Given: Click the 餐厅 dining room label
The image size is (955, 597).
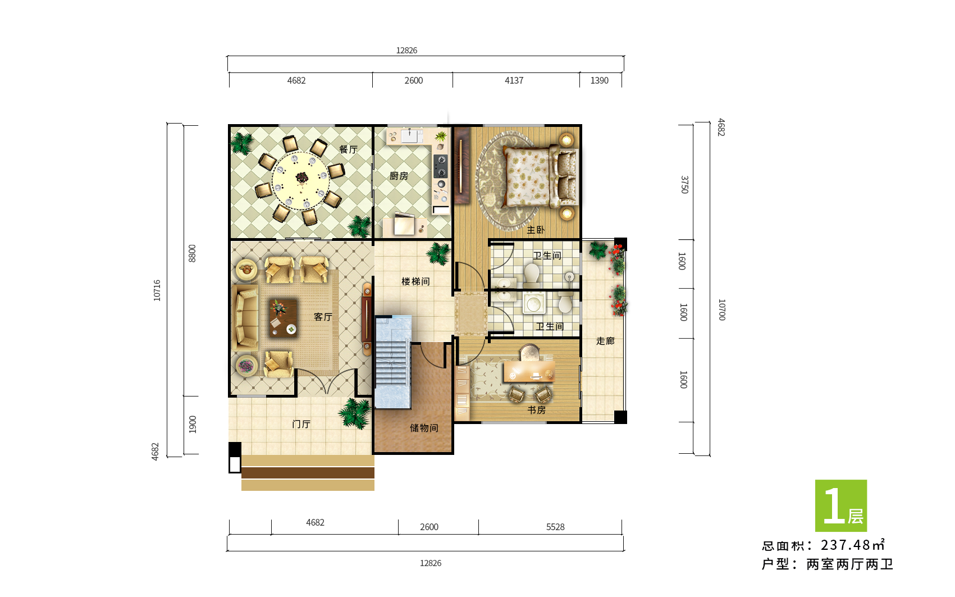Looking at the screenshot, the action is coord(348,149).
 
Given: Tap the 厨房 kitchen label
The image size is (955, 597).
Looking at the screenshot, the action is coord(399,176).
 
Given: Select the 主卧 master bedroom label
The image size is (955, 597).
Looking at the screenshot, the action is coord(536,230).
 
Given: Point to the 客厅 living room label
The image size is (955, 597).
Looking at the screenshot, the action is coord(323,317).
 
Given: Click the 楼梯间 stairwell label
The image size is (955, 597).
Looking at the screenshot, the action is coord(415,281).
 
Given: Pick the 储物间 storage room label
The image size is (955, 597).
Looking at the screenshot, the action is coord(424,428).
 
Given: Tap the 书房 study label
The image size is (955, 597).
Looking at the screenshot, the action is coord(536,410).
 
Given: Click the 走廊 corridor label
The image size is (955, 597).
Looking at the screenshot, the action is coord(605,341).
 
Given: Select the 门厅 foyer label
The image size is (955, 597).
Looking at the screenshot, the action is coord(301,424).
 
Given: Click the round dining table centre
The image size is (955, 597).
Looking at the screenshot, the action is coord(301,180).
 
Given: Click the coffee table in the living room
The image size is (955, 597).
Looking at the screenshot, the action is coord(283,318).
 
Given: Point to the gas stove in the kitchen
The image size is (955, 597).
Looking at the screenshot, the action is coord(440,166).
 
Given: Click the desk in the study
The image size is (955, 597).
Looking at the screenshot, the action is coord(529,371).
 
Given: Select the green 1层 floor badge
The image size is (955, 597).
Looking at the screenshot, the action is coord(840,505).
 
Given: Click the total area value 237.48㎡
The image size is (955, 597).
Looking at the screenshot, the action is coord(853,545).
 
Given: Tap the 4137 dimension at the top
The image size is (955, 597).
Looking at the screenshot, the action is coord(514,81).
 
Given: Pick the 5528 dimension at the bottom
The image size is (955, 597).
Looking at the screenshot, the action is coord(555,527).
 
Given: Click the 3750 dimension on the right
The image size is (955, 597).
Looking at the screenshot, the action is coord(684,185).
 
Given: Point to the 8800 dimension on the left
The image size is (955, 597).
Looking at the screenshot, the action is coord(192,253).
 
